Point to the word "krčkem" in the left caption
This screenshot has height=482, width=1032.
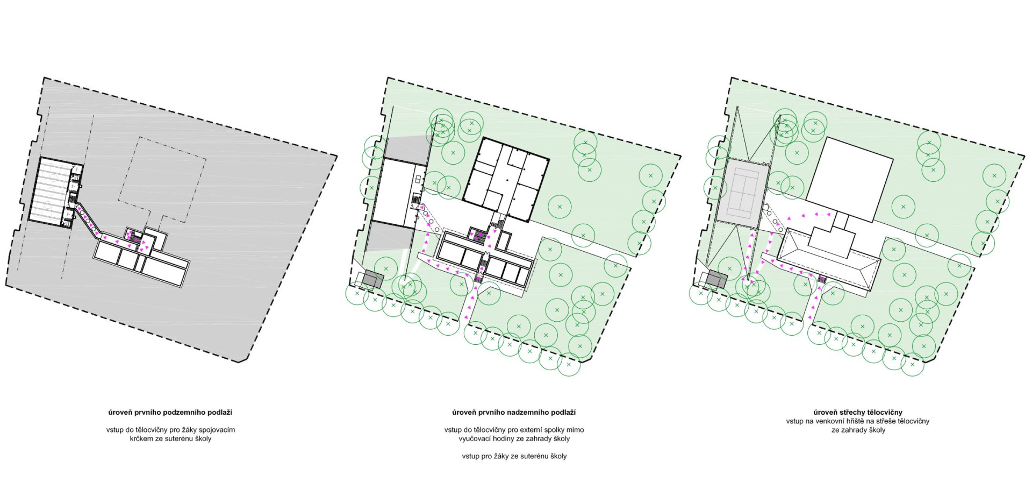coord(141,438)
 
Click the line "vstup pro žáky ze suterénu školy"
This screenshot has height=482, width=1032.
coord(514,456)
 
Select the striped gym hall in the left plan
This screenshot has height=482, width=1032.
coord(51,189)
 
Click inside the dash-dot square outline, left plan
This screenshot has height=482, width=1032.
coord(161,180)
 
